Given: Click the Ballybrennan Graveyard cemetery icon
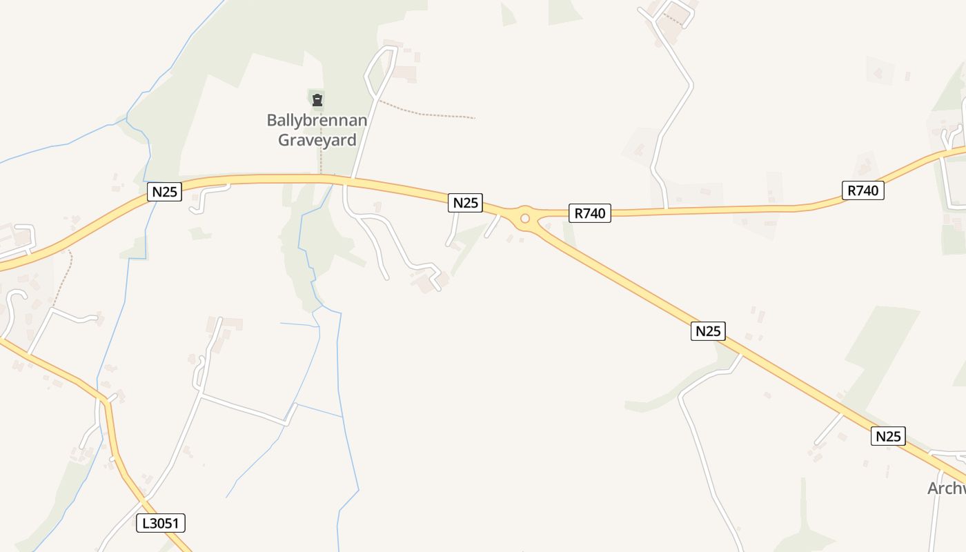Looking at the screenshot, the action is coord(317,100).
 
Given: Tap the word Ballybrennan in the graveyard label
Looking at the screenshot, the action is coord(317,120).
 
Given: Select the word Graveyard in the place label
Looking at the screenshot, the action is coord(317,140).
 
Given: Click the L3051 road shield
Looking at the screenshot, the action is coord(161,523).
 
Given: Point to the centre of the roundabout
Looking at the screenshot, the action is coord(524,219).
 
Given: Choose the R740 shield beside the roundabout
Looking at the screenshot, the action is coord(590,213).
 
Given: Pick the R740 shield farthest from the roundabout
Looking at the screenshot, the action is coord(862,190).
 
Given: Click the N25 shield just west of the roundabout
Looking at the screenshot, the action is coord(465,203).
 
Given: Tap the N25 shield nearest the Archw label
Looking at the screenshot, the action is coord(888,436).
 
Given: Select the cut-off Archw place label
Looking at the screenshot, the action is coord(946,489).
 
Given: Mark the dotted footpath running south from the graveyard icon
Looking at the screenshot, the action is coord(321,155).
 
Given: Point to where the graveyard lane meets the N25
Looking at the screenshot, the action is coord(352,179).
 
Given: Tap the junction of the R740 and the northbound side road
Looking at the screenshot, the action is coord(667,208).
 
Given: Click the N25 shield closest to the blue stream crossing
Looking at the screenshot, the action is coord(164,192).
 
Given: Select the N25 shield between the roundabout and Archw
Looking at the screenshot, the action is coord(708,331).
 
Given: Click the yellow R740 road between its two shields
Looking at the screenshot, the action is coord(724,209).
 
